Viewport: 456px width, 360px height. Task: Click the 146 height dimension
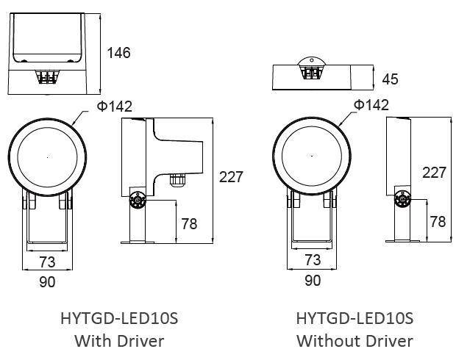[118, 52]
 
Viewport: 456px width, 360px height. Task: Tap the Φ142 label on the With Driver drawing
[114, 107]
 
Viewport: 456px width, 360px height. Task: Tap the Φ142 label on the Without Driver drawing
[371, 105]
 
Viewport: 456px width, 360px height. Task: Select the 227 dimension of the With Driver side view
[231, 177]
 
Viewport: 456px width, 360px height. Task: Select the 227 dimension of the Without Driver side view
[434, 173]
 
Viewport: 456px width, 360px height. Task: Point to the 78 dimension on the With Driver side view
[189, 223]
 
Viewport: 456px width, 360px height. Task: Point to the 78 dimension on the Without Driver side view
[438, 221]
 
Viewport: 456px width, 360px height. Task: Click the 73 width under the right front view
[313, 260]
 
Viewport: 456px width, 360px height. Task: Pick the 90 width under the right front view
[312, 280]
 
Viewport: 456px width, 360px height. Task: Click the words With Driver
[119, 341]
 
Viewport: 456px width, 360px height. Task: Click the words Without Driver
[355, 341]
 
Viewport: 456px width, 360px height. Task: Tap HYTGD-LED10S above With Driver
[119, 319]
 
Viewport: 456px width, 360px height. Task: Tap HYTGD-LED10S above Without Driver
[355, 319]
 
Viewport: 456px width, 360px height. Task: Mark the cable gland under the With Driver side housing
[177, 179]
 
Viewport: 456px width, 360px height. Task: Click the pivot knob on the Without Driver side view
[402, 198]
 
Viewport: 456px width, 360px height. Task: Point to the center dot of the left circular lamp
[48, 156]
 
